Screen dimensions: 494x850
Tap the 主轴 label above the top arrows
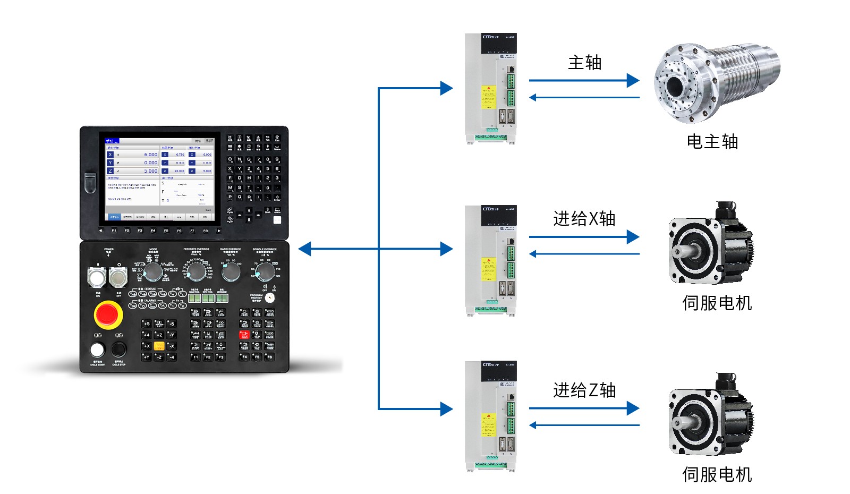(584, 63)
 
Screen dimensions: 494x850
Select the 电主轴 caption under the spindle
(712, 142)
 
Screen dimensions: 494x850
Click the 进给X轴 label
(584, 218)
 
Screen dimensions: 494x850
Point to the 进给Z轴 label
(584, 390)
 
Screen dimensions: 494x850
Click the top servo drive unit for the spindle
(490, 88)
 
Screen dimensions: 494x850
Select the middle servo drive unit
(490, 260)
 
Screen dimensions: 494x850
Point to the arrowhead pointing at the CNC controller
(305, 249)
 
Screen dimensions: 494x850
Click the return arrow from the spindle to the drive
(584, 97)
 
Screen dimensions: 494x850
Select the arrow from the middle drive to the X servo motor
(584, 237)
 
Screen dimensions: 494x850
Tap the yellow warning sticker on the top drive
(488, 97)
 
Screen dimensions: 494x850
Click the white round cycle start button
(97, 350)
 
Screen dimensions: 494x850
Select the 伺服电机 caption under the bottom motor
(717, 474)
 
